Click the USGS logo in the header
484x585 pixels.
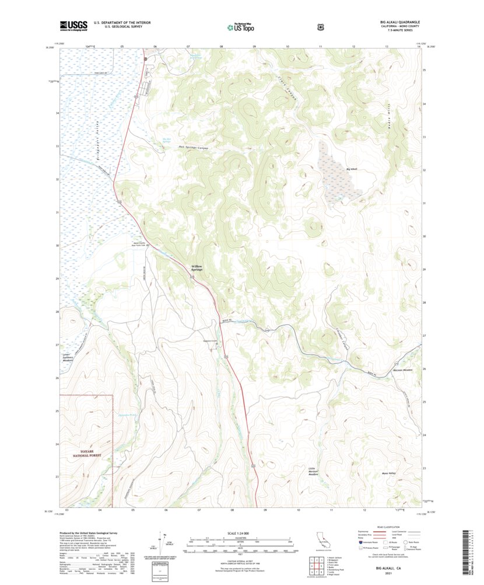point(73,26)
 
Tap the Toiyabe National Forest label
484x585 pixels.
point(86,452)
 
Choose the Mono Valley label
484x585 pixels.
point(388,473)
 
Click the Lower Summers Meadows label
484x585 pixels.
point(69,357)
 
